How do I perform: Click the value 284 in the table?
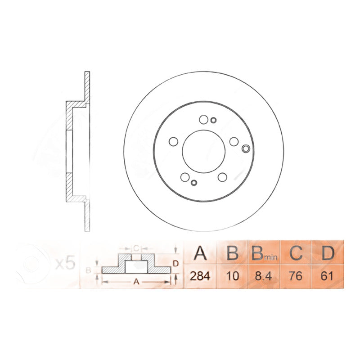click(200, 276)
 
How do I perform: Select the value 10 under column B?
click(232, 276)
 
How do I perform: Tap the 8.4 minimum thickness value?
click(263, 276)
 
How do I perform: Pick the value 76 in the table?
click(296, 276)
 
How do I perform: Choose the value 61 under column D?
click(327, 276)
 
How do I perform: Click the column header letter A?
click(200, 253)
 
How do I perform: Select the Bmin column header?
click(264, 253)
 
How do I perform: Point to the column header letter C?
click(296, 253)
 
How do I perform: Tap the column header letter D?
click(328, 253)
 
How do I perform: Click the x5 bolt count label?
click(66, 264)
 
